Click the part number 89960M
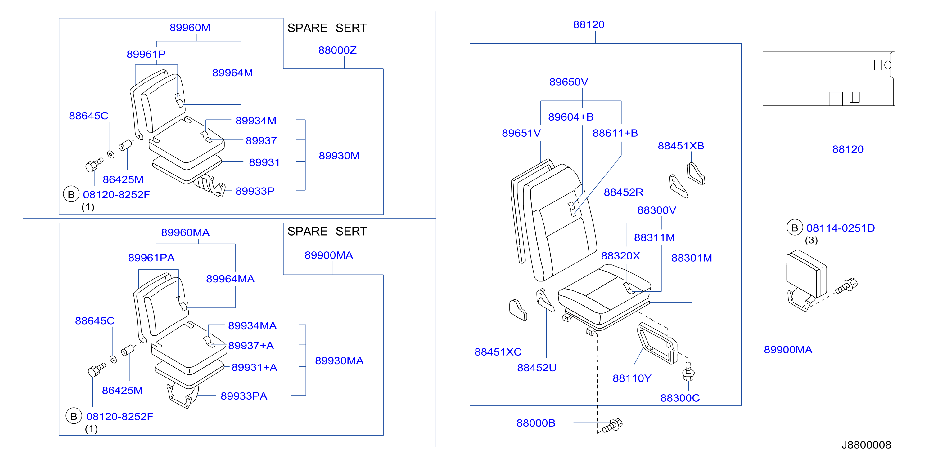(x=190, y=27)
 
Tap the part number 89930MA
(x=339, y=360)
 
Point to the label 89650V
(x=568, y=82)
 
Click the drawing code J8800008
(x=866, y=445)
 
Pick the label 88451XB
(x=681, y=146)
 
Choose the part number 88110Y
(x=632, y=378)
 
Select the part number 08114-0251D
(x=841, y=228)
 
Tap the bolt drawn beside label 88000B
(x=612, y=425)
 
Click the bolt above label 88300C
(x=688, y=371)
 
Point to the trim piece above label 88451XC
(x=518, y=310)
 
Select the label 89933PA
(x=244, y=396)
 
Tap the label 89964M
(x=232, y=73)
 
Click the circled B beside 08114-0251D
(x=795, y=228)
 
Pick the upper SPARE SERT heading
(x=327, y=28)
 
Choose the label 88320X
(x=620, y=256)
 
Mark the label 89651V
(x=521, y=133)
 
